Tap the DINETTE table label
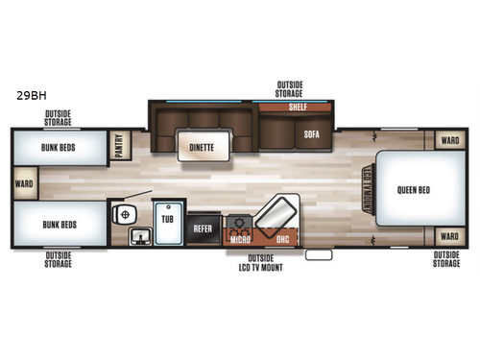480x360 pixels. click(x=202, y=148)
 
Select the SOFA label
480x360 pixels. click(x=311, y=133)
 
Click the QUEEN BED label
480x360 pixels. click(x=414, y=189)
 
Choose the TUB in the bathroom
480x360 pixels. click(x=167, y=220)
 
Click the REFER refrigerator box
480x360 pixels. click(x=203, y=228)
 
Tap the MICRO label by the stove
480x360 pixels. click(x=240, y=238)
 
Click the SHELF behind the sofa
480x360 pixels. click(x=298, y=108)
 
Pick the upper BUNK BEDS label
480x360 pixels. click(x=58, y=148)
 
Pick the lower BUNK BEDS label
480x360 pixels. click(x=58, y=223)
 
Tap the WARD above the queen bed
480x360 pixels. click(x=448, y=139)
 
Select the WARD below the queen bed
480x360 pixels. click(x=448, y=235)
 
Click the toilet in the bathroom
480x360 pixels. click(x=122, y=214)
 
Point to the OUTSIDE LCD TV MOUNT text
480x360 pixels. click(x=259, y=263)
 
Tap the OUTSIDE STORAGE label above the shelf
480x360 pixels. click(x=290, y=89)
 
